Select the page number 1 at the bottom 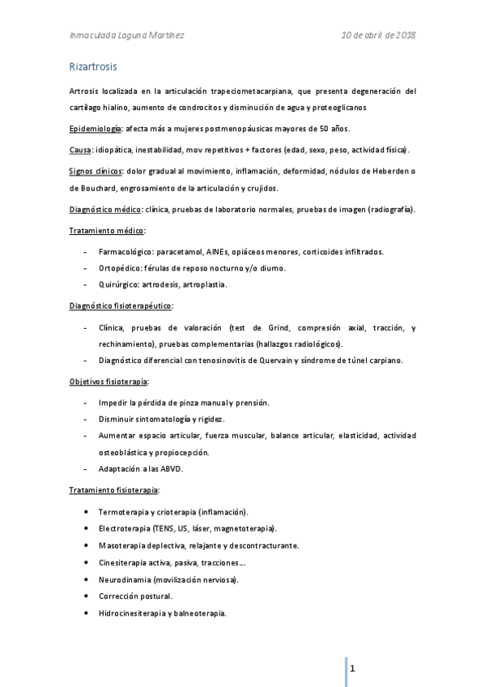point(354,669)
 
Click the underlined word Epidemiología point(94,130)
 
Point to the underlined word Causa point(79,150)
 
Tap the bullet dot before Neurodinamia point(87,579)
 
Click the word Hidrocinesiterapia point(132,613)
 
